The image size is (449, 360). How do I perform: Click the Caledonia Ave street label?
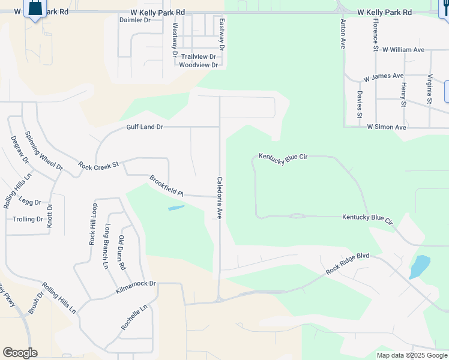click(x=220, y=197)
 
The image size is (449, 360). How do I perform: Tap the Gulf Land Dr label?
click(x=145, y=127)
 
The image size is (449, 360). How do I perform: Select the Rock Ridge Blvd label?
click(x=348, y=264)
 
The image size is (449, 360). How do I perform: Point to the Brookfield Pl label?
click(x=166, y=186)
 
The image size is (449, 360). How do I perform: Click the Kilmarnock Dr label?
click(x=136, y=287)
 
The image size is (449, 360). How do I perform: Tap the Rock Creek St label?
click(x=99, y=164)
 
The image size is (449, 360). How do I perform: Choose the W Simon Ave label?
click(x=387, y=127)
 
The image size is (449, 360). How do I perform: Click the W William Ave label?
click(x=403, y=50)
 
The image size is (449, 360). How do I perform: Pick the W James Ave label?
click(x=384, y=76)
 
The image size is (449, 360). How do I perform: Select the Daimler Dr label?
click(x=135, y=20)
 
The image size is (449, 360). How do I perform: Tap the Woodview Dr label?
click(x=197, y=65)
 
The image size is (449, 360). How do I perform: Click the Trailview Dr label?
click(x=199, y=56)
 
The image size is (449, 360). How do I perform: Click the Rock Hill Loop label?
click(x=93, y=224)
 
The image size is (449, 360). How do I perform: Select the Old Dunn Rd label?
click(x=121, y=251)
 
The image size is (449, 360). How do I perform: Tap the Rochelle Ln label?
click(x=134, y=318)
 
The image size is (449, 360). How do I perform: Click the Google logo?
click(x=20, y=353)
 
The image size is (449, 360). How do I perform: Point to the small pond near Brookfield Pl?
click(x=176, y=208)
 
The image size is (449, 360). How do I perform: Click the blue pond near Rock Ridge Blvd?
click(x=420, y=266)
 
